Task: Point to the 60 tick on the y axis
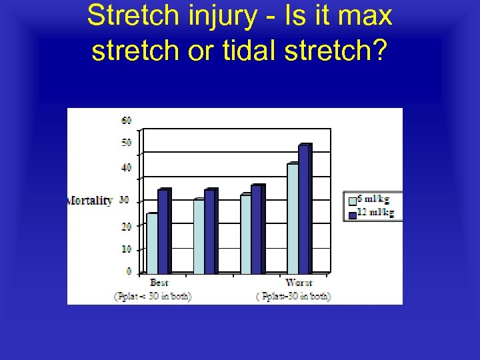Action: pos(126,120)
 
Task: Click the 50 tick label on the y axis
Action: pos(126,143)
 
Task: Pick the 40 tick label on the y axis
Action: pos(126,167)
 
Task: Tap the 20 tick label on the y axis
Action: pos(126,226)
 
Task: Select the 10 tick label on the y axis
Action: pos(126,249)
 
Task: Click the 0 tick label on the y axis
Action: pos(128,271)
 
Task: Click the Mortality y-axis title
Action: pos(90,201)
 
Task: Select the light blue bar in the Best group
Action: pos(151,243)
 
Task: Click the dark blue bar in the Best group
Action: pos(163,231)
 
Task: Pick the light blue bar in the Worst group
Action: pos(292,218)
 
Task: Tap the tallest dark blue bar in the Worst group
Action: pos(304,209)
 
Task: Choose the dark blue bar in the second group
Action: pos(210,231)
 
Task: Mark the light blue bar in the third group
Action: pos(245,233)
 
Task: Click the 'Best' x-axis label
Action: pos(159,283)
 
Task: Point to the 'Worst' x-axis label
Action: pos(298,283)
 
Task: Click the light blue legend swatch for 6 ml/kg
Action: pos(352,199)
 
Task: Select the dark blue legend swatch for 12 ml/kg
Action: pos(352,213)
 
